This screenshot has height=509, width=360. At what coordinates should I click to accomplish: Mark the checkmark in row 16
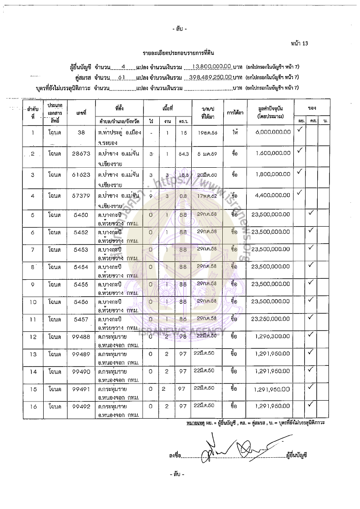coord(310,404)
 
